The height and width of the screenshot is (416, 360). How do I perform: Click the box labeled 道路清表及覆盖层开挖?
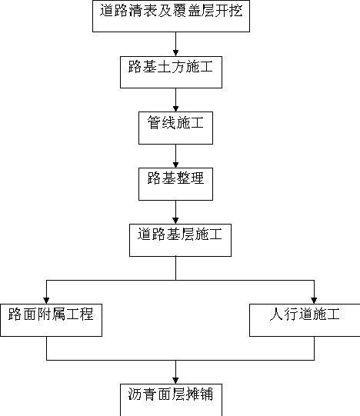point(171,16)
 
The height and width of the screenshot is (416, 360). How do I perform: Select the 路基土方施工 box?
point(171,72)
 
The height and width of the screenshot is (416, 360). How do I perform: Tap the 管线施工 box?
point(175,128)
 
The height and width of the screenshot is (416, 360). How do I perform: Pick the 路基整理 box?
point(175,184)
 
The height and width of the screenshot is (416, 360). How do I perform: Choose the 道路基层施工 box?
point(180,240)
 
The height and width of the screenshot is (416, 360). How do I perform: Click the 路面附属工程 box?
point(51,320)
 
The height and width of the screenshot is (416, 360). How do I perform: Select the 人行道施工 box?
point(305,320)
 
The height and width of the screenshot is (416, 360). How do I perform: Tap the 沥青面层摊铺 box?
point(171,400)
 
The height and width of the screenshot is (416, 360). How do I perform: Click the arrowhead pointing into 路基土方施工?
point(175,53)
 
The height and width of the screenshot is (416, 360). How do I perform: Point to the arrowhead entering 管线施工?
point(175,108)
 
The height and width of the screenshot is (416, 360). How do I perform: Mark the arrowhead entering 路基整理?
point(175,165)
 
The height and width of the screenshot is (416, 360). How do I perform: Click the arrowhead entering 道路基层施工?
point(175,221)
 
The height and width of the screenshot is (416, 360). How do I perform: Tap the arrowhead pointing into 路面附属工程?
point(46,301)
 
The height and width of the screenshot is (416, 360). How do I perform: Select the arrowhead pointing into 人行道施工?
point(314,301)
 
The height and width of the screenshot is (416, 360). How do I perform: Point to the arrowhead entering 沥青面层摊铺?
point(175,381)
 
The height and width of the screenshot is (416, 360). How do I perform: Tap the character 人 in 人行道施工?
point(276,314)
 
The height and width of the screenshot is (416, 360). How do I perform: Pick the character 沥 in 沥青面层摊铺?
point(135,394)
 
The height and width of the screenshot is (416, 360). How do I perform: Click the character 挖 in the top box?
point(235,11)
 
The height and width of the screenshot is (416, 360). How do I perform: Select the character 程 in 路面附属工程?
point(87,314)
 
